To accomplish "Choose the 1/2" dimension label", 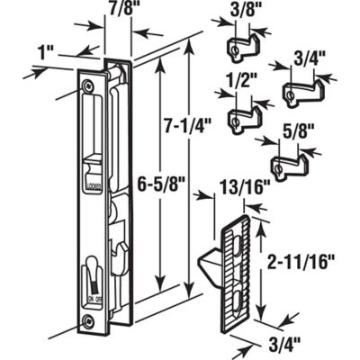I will [238, 91].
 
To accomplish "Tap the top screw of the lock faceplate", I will [87, 86].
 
